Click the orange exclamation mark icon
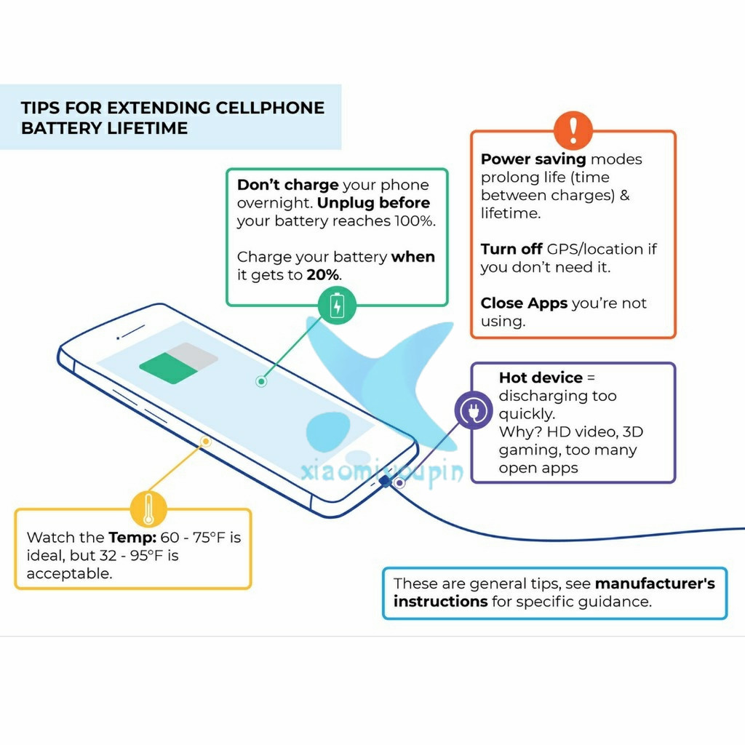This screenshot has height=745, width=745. (573, 130)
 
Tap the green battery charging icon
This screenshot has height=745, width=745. (337, 305)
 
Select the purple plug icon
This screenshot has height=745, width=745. (474, 410)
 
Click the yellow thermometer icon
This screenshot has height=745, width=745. (148, 509)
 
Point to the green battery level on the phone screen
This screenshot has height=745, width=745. (168, 367)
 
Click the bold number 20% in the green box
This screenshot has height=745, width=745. (322, 274)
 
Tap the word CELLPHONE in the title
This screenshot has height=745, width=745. (270, 108)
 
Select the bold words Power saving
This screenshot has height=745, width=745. (533, 159)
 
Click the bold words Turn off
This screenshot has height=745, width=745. (511, 249)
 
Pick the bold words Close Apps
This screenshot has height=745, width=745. (524, 303)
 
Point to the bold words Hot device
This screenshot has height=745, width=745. (541, 378)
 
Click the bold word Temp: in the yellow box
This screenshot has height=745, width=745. (132, 538)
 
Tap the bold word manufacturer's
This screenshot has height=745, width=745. (655, 583)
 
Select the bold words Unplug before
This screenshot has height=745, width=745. (373, 203)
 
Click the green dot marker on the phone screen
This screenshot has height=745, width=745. (261, 381)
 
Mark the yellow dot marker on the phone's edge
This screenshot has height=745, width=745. (205, 442)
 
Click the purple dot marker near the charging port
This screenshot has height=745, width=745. (399, 483)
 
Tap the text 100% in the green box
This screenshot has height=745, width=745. (415, 221)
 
